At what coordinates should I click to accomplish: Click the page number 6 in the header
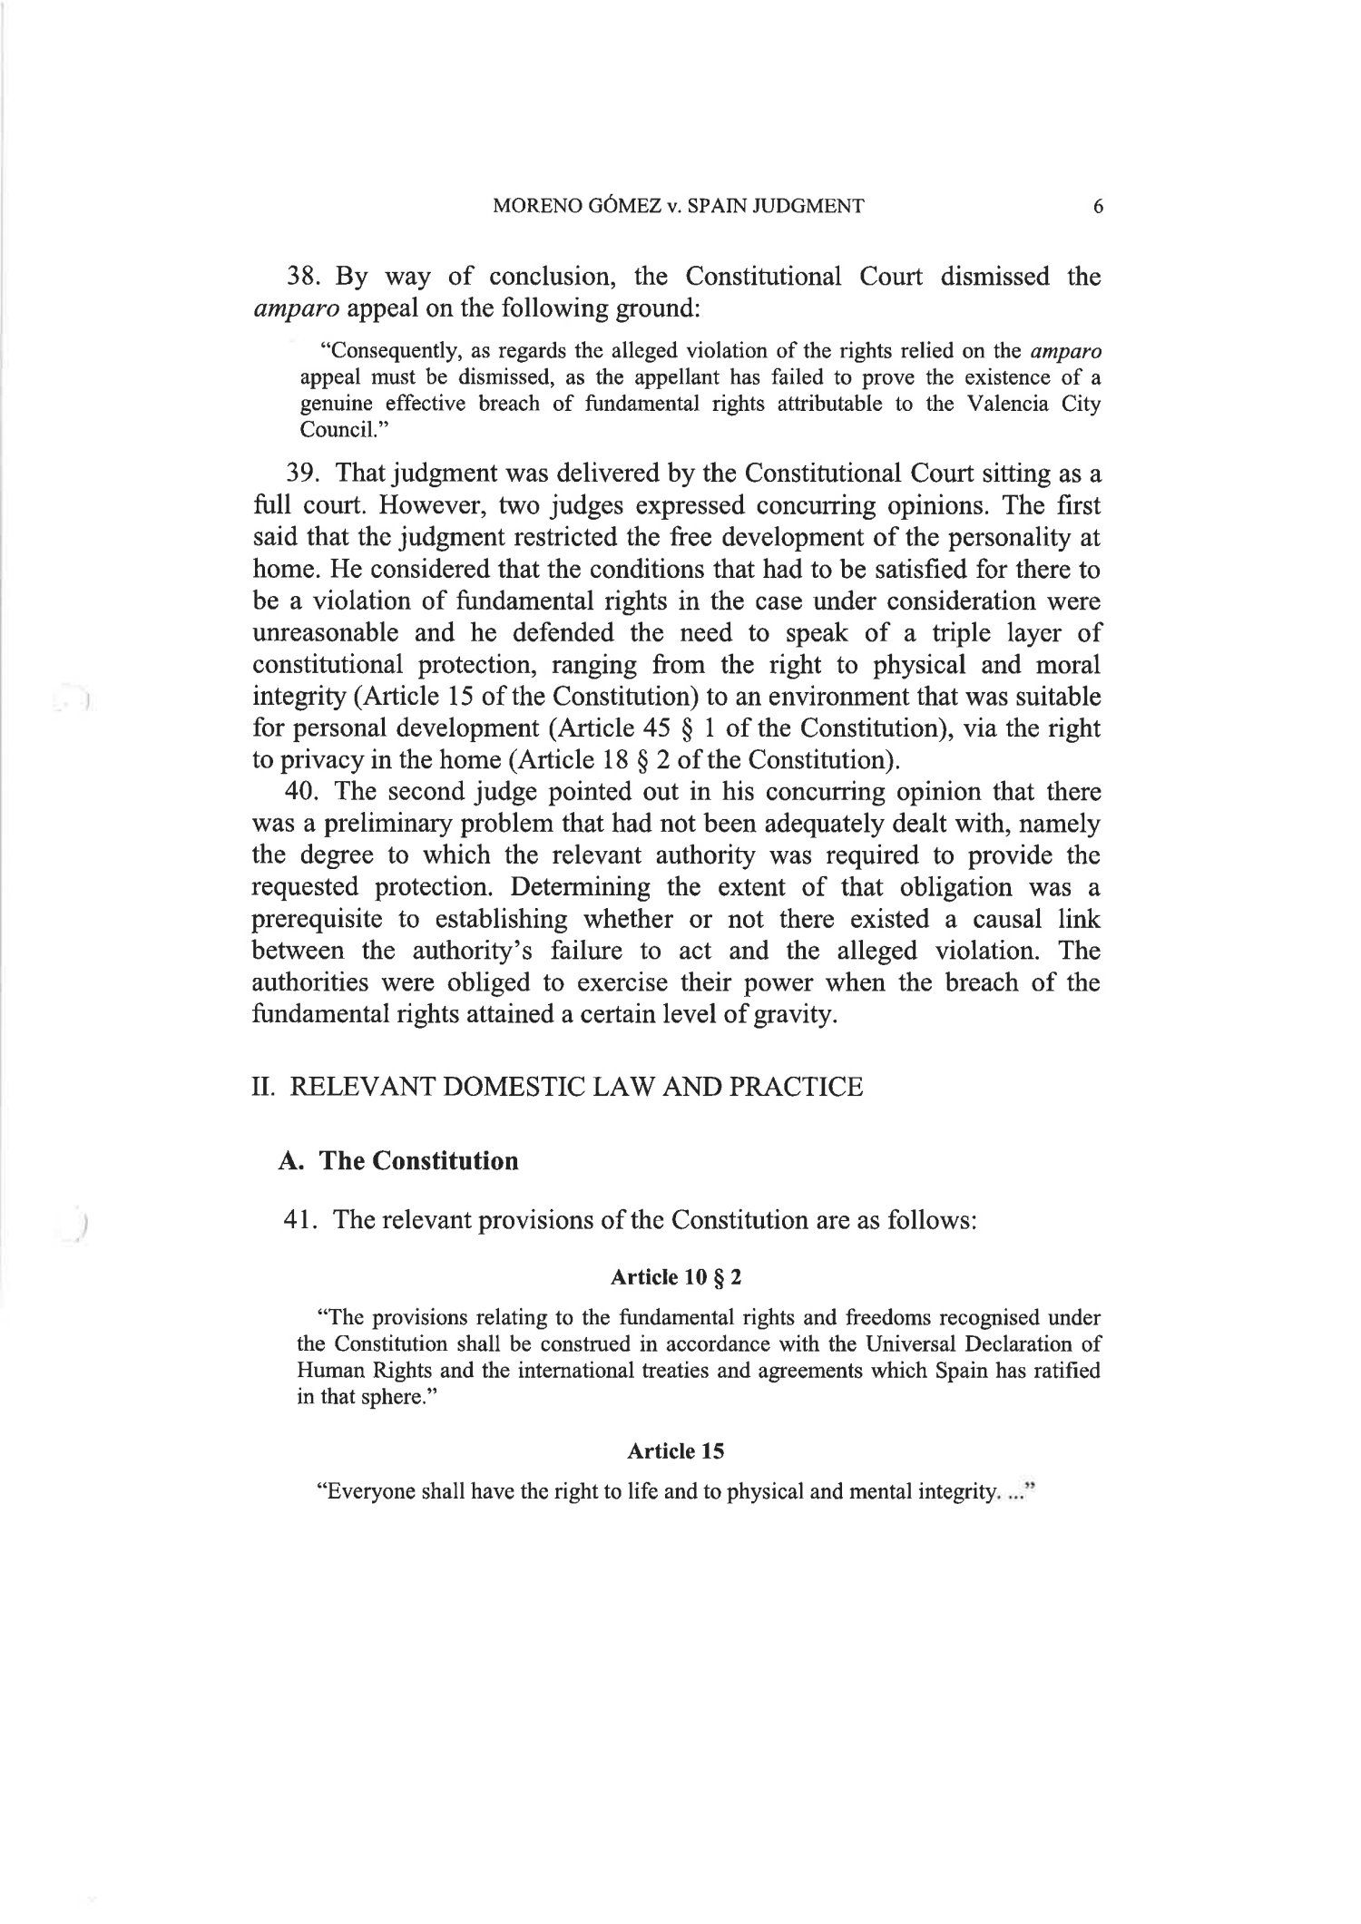click(x=1098, y=207)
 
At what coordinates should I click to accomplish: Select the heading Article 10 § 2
click(x=676, y=1278)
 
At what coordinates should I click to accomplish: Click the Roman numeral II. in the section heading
click(x=263, y=1087)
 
